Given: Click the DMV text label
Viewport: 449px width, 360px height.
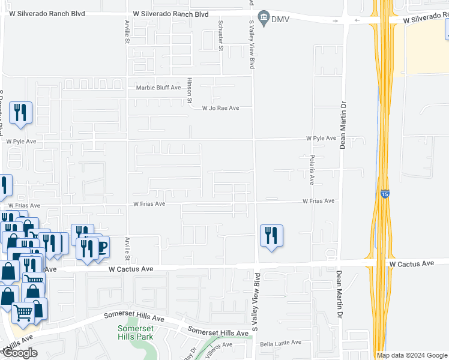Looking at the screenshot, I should pyautogui.click(x=279, y=19).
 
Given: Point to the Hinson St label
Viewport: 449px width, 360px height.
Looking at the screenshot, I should pyautogui.click(x=188, y=90).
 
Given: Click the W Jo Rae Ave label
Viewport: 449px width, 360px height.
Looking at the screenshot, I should pyautogui.click(x=220, y=108).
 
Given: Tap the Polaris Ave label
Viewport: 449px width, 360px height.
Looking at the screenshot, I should pyautogui.click(x=312, y=169).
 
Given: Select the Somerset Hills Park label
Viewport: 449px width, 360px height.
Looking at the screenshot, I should pyautogui.click(x=135, y=331).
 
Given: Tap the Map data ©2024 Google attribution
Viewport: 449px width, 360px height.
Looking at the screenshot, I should pyautogui.click(x=411, y=355).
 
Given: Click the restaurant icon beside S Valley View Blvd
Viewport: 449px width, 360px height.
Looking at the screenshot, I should pyautogui.click(x=271, y=236).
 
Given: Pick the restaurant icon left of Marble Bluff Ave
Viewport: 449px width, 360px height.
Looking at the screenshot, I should pyautogui.click(x=21, y=113).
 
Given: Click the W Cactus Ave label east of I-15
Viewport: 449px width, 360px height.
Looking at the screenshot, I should pyautogui.click(x=411, y=263).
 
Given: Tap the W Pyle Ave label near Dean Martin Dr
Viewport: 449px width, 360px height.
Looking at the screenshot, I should pyautogui.click(x=321, y=138).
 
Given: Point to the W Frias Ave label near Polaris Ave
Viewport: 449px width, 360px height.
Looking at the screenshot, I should pyautogui.click(x=318, y=202).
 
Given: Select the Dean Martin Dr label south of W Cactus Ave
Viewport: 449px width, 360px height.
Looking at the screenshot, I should pyautogui.click(x=339, y=294).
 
